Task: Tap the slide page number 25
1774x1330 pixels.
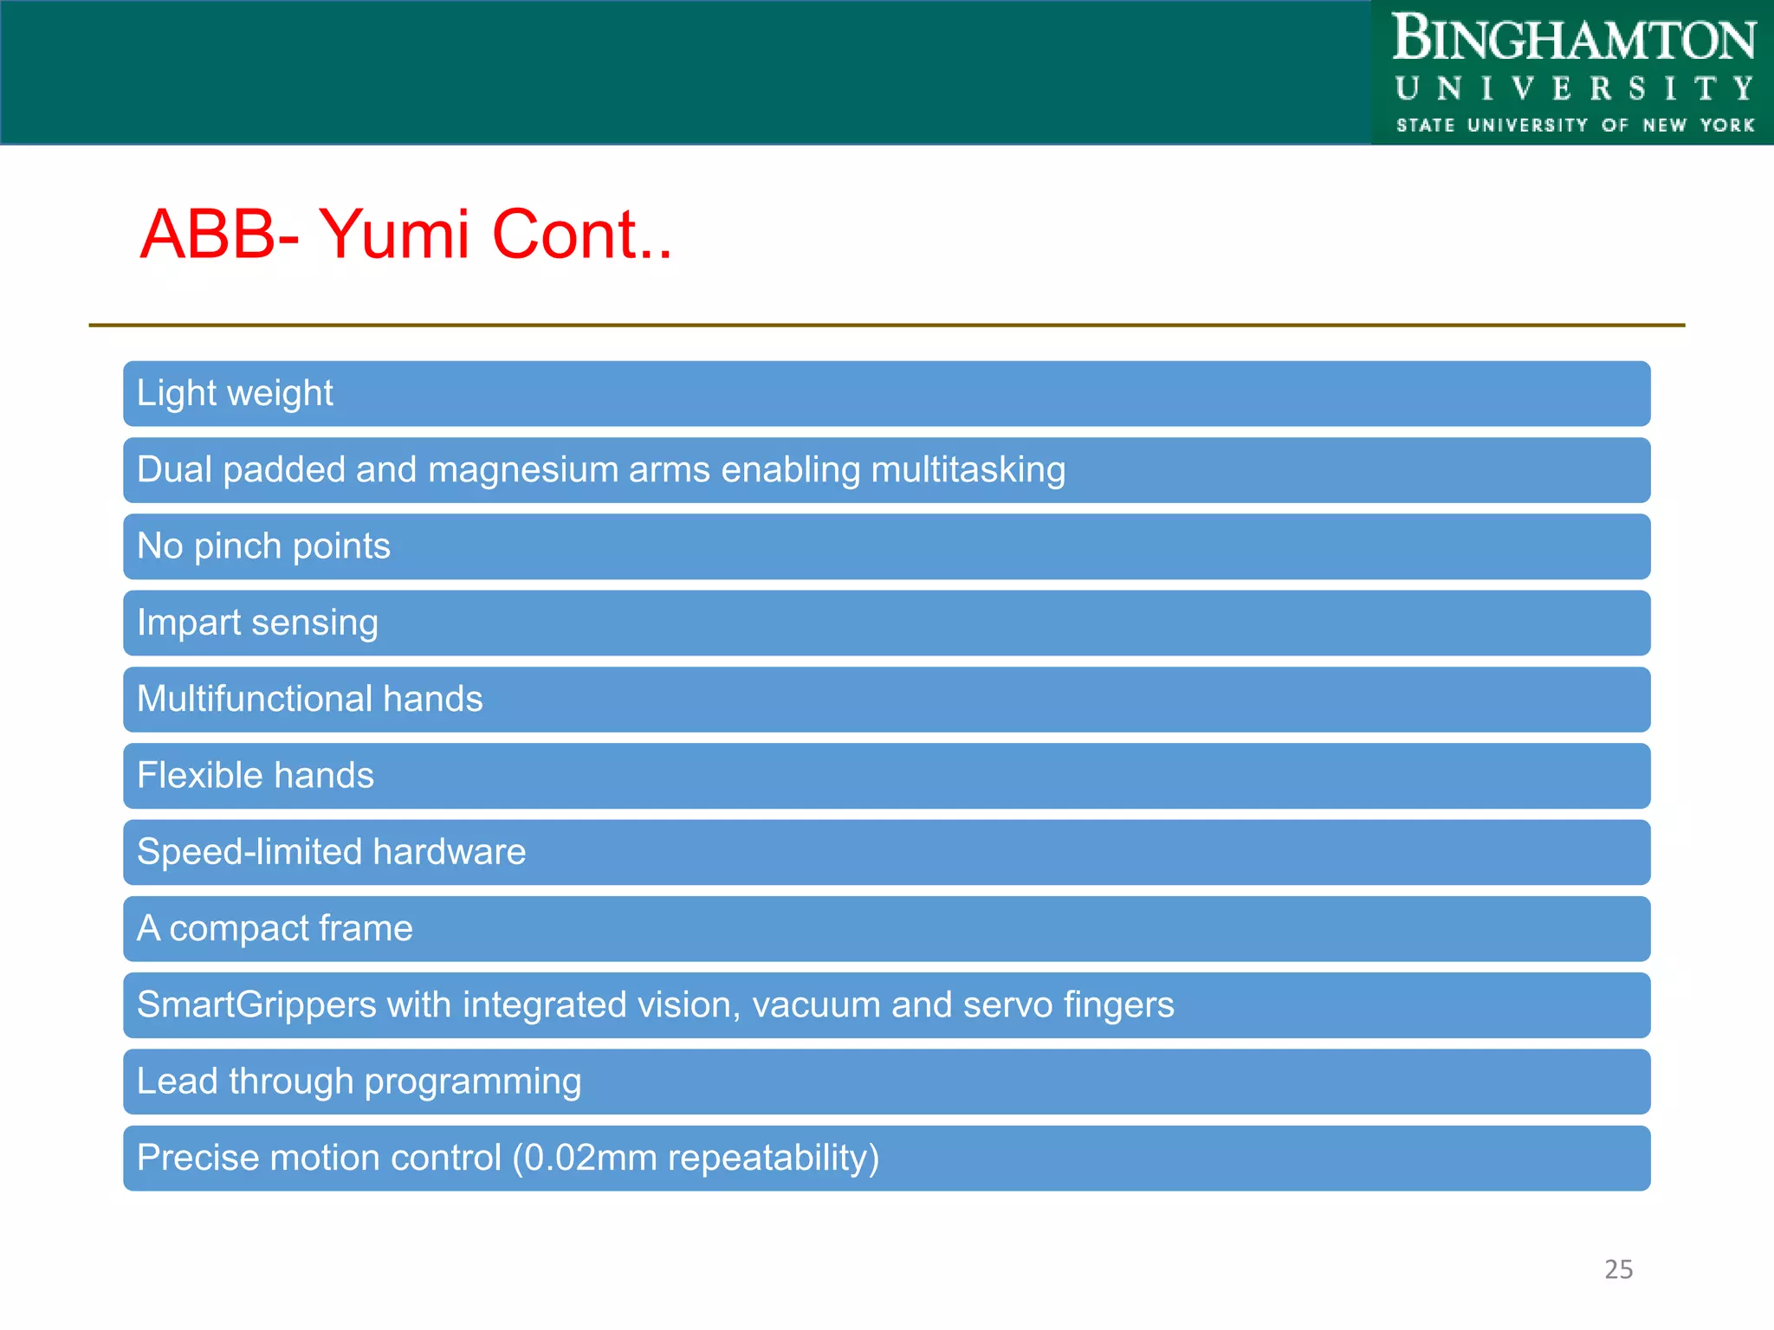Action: [1618, 1269]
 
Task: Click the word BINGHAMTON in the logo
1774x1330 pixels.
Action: [1573, 40]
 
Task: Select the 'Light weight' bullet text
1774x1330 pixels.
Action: [235, 393]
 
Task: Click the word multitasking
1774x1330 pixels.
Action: [968, 470]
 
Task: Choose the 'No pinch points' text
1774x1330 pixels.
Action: [263, 546]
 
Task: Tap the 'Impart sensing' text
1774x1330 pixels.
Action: [257, 623]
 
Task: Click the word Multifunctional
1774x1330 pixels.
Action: [255, 699]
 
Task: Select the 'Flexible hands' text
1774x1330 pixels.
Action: [256, 775]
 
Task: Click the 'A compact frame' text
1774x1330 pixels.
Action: [275, 928]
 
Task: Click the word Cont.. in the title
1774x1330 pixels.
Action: [581, 234]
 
